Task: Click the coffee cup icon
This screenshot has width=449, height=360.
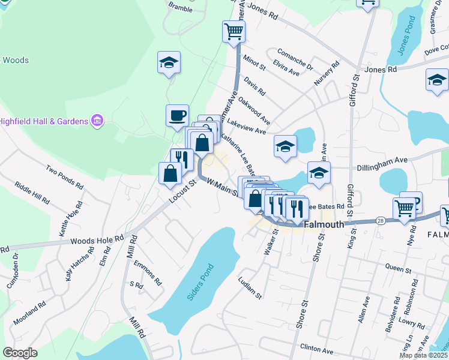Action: (x=177, y=115)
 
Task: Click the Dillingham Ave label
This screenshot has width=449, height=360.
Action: (x=382, y=161)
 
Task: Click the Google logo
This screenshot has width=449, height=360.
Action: (x=20, y=352)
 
